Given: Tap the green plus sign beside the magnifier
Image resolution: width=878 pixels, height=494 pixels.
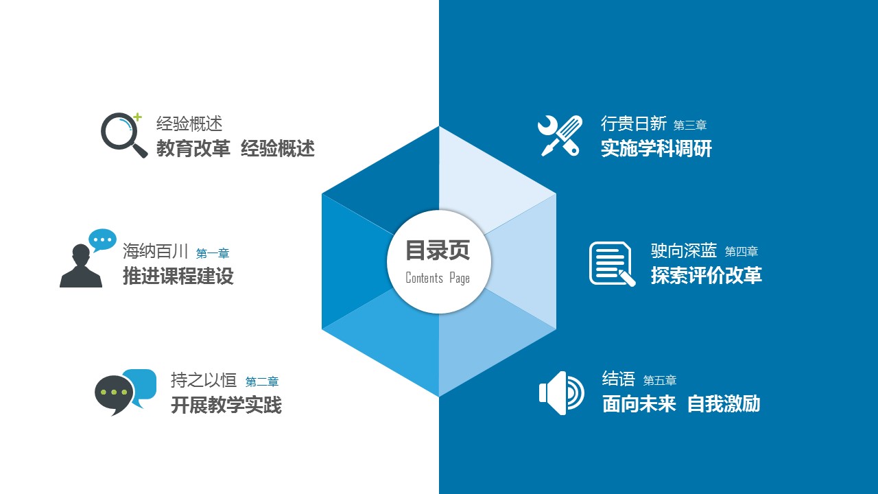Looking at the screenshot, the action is (x=137, y=117).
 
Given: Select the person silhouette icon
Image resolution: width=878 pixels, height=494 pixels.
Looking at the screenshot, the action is (x=81, y=266).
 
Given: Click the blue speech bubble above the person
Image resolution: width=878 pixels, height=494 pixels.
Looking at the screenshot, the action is (x=102, y=240).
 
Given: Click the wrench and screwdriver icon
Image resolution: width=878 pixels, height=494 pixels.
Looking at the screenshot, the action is (x=560, y=136).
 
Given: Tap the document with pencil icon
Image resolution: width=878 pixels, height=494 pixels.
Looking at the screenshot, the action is (x=612, y=264).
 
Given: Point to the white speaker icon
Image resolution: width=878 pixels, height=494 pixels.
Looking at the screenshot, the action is (x=561, y=393).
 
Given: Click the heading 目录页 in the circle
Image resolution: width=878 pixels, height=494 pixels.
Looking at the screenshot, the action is (x=438, y=250).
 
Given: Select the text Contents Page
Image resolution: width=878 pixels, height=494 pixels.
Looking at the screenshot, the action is (x=438, y=278).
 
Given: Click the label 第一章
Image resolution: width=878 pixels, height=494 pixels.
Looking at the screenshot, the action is (x=213, y=253).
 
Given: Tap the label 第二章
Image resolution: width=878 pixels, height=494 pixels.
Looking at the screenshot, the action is (x=262, y=381).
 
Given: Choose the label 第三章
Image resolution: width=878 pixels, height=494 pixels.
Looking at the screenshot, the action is (x=690, y=125).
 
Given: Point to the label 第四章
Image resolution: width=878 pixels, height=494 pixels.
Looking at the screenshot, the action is (x=741, y=251).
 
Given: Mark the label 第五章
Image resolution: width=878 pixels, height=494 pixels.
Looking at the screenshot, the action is (x=660, y=380).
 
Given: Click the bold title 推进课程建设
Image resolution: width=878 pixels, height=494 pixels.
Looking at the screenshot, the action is (x=178, y=276).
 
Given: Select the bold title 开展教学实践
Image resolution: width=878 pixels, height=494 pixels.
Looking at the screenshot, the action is (x=226, y=405).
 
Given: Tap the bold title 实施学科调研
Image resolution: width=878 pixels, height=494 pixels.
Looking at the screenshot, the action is (x=656, y=149).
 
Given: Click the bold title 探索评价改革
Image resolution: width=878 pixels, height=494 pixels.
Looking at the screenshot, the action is (x=707, y=275).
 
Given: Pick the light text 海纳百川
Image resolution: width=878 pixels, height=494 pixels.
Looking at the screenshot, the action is (x=156, y=251).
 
